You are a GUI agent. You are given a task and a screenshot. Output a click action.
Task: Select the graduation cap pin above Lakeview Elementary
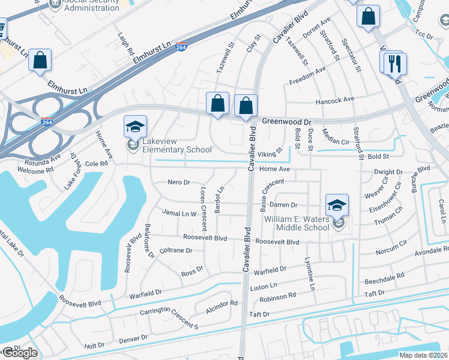(135, 127)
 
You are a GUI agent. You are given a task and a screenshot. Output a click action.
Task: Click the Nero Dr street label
(178, 182)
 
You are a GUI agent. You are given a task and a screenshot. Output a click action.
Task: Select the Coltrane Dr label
(175, 251)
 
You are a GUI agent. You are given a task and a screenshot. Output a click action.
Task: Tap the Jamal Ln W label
(179, 213)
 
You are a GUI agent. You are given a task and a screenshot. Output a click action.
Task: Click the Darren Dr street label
(283, 205)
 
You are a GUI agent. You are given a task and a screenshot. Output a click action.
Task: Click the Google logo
(19, 353)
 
